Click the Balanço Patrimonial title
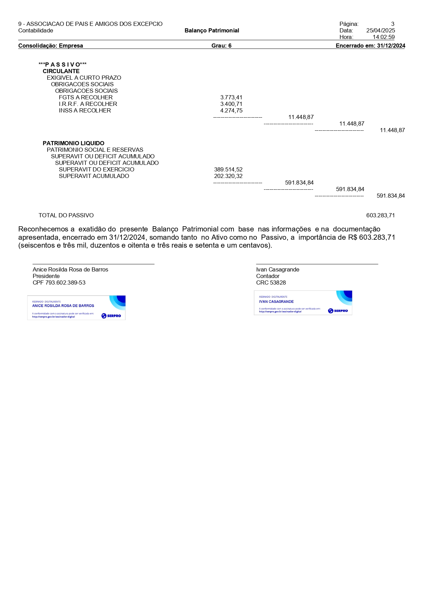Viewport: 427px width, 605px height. [x=212, y=31]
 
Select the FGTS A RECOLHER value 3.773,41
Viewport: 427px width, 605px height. [x=231, y=98]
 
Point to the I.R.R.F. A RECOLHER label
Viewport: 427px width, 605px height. [x=88, y=104]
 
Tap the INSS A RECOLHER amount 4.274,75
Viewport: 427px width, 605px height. [x=231, y=111]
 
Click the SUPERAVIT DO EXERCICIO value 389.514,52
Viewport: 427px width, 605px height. [x=228, y=170]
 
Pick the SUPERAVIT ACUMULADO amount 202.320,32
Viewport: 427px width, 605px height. [x=228, y=176]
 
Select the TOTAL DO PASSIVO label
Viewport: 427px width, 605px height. [x=66, y=216]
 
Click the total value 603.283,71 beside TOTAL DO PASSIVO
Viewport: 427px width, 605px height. [x=381, y=216]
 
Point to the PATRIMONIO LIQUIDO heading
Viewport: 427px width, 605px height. [x=73, y=143]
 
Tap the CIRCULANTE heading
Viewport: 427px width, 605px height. [x=61, y=71]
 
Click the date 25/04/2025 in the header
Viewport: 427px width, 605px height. [x=381, y=31]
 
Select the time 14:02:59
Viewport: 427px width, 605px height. [x=384, y=37]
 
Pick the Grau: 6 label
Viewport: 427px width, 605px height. [x=221, y=46]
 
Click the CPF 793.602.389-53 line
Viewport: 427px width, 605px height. [x=59, y=283]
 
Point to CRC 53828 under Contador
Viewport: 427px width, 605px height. [x=271, y=283]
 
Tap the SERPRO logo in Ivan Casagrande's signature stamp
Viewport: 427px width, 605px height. [x=338, y=311]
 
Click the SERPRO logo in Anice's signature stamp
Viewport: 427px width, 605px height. [x=111, y=316]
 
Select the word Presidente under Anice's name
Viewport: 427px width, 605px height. [x=46, y=276]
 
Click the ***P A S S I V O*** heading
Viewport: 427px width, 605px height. [x=63, y=65]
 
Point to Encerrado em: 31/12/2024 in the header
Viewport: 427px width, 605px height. [x=370, y=46]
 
